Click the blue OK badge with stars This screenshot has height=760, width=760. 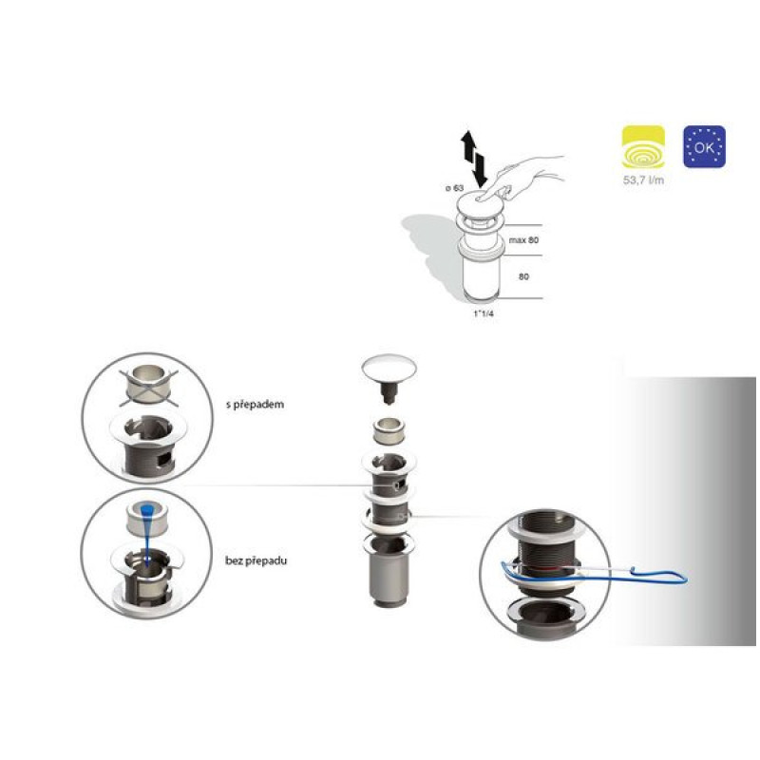click(x=704, y=147)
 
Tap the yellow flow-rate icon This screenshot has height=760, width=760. click(x=643, y=147)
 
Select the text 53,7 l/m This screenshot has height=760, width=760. click(x=643, y=180)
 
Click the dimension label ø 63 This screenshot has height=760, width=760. click(x=455, y=188)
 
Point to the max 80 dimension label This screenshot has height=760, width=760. click(x=523, y=240)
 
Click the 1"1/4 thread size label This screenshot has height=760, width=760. click(x=484, y=313)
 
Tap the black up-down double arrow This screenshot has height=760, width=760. click(x=473, y=158)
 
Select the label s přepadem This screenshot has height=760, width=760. click(x=255, y=405)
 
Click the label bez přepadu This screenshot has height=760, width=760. click(x=256, y=560)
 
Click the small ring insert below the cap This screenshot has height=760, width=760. click(x=389, y=430)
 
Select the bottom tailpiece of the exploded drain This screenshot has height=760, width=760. click(x=389, y=579)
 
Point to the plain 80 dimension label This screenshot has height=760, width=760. click(x=524, y=276)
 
